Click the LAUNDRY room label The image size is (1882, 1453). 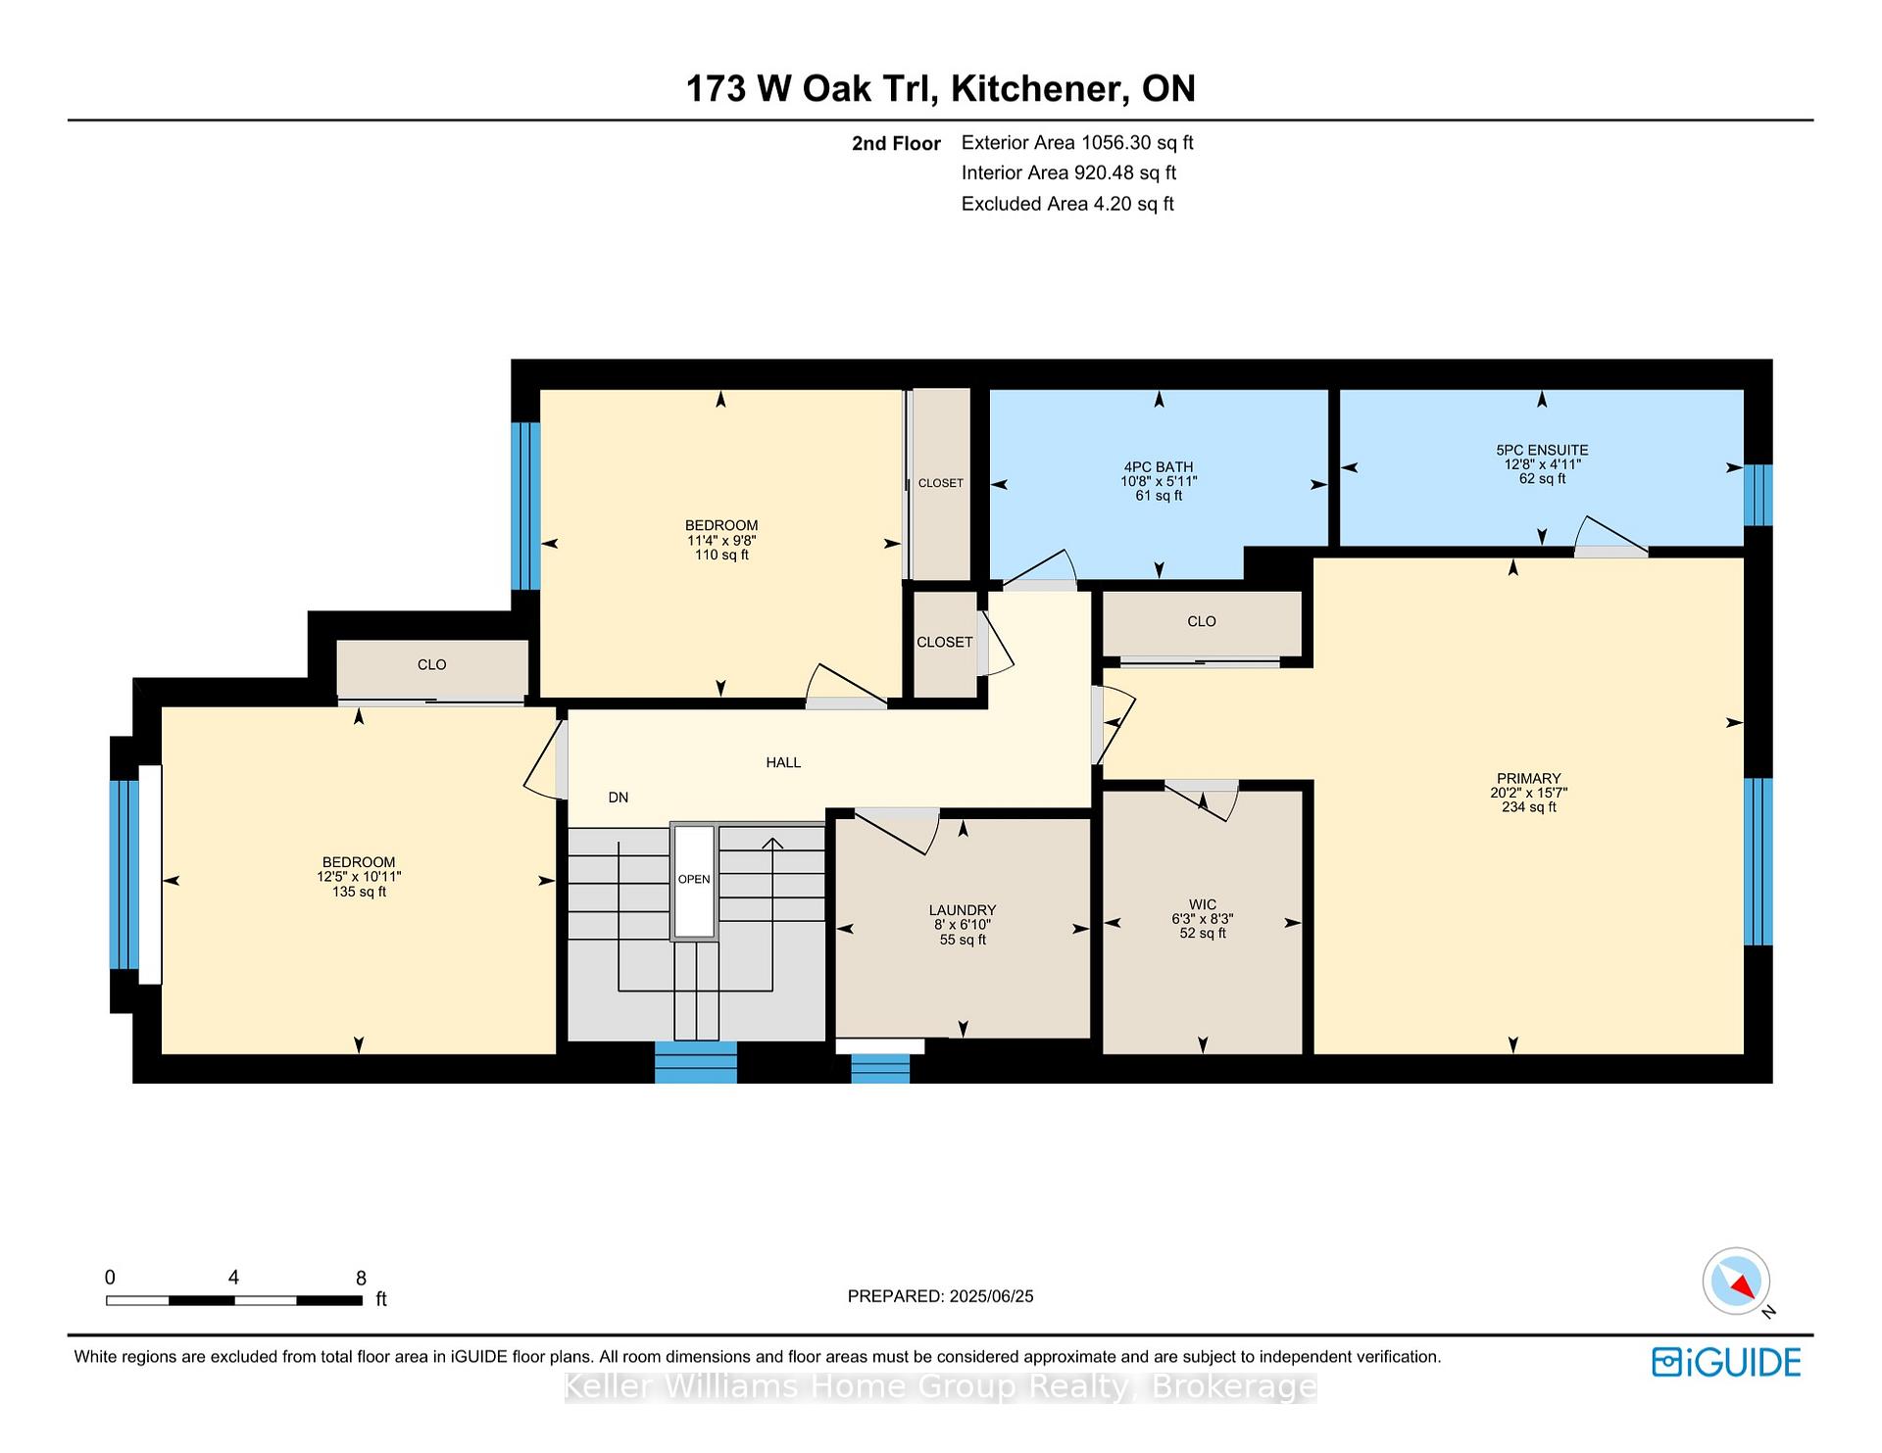pyautogui.click(x=962, y=910)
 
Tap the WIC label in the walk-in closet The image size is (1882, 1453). pyautogui.click(x=1202, y=905)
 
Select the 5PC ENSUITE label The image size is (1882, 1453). pyautogui.click(x=1542, y=451)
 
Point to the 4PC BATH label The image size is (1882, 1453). pyautogui.click(x=1159, y=467)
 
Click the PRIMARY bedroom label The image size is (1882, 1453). pyautogui.click(x=1528, y=779)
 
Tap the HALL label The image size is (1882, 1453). pyautogui.click(x=783, y=762)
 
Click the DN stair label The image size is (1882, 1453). pyautogui.click(x=618, y=798)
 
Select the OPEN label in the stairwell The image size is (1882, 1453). pyautogui.click(x=694, y=879)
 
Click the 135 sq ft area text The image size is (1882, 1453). pyautogui.click(x=359, y=893)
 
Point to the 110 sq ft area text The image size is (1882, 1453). pyautogui.click(x=721, y=556)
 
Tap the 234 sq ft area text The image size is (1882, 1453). pyautogui.click(x=1528, y=807)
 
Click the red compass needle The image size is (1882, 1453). pyautogui.click(x=1743, y=1285)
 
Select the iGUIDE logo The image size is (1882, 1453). pyautogui.click(x=1726, y=1363)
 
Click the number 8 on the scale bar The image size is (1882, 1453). pyautogui.click(x=361, y=1279)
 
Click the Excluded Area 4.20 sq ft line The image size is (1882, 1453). pyautogui.click(x=1067, y=204)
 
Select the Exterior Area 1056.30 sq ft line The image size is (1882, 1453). pyautogui.click(x=1077, y=143)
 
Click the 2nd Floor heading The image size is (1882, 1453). pyautogui.click(x=896, y=144)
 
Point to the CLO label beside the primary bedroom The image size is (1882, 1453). pyautogui.click(x=1202, y=621)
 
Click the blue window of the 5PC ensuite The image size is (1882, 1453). pyautogui.click(x=1758, y=495)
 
